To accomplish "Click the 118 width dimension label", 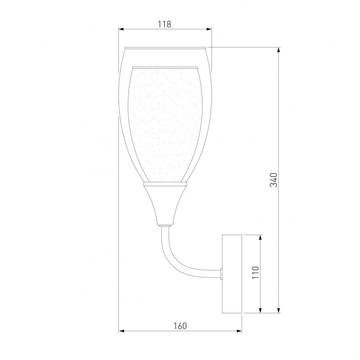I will [x=164, y=24].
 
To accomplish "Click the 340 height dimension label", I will [x=273, y=180].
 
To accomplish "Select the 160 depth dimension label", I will [x=180, y=326].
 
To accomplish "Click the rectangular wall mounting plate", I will [x=232, y=274].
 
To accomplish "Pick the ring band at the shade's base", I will [x=164, y=183].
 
